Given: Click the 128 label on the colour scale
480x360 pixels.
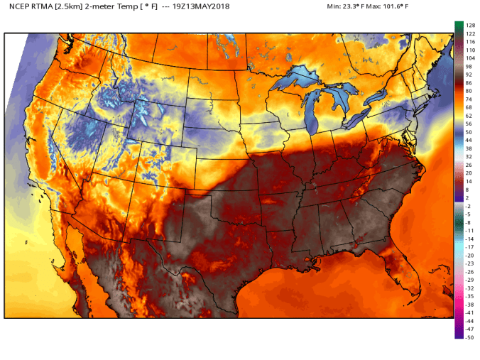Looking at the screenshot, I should click(469, 24).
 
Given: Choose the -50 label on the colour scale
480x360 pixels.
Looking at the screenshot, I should click(469, 337).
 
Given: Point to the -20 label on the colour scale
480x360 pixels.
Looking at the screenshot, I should click(469, 255).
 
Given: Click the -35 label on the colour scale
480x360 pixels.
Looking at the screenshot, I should click(469, 296).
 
